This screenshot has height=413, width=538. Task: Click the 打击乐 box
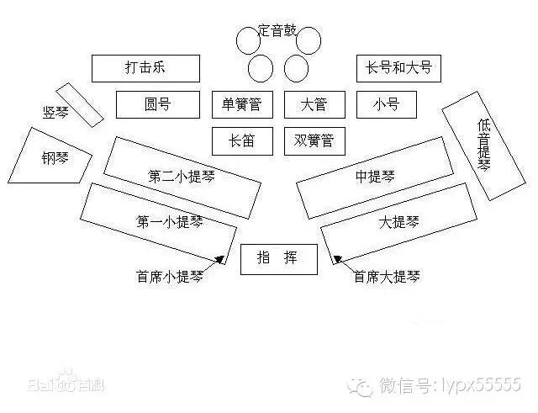145,68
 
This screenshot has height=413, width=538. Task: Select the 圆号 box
158,104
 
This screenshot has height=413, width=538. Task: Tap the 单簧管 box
242,104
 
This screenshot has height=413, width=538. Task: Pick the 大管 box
314,104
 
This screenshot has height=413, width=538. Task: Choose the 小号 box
387,104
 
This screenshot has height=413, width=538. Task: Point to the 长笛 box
242,141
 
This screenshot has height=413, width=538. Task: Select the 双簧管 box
314,141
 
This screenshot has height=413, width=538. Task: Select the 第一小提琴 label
169,222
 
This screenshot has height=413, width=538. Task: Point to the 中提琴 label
376,177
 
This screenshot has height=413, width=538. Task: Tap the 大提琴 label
398,222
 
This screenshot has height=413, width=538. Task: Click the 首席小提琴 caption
168,276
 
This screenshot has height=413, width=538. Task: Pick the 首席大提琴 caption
387,276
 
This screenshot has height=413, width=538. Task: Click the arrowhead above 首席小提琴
222,262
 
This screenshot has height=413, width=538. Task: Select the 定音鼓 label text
277,30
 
